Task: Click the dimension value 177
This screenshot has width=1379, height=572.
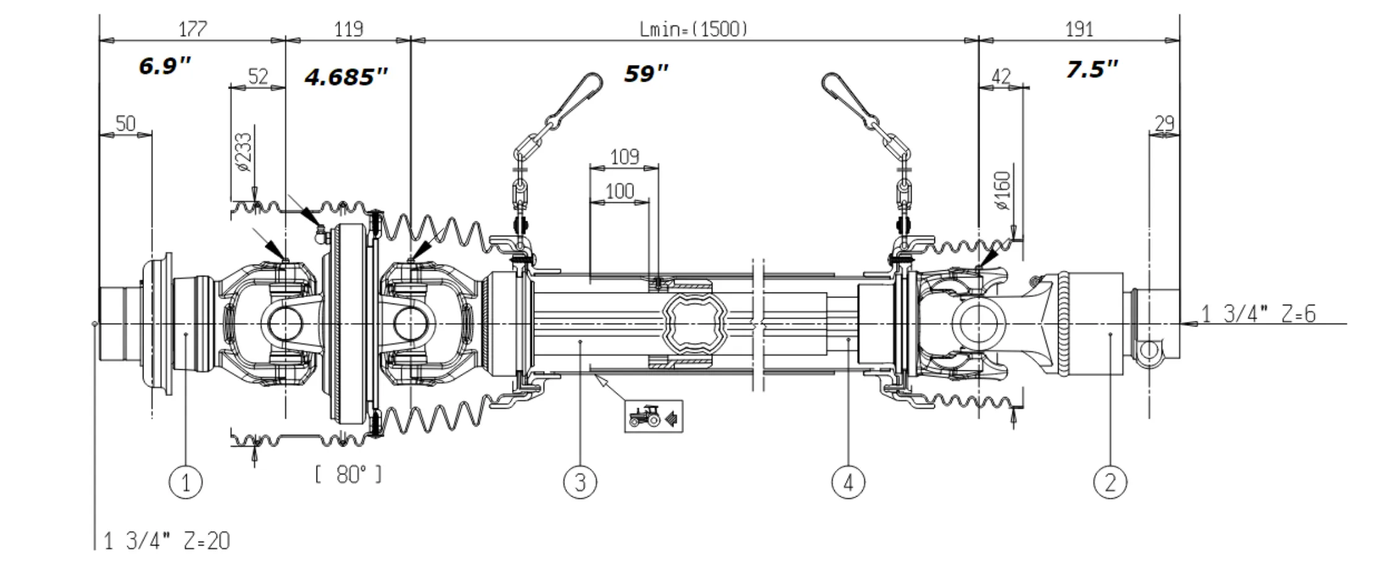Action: pos(192,29)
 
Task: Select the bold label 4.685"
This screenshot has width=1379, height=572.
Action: pos(346,77)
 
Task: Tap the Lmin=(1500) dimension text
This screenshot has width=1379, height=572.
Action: pos(693,29)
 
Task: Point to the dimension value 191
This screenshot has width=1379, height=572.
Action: pos(1079,29)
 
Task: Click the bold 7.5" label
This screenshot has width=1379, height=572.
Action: pos(1092,69)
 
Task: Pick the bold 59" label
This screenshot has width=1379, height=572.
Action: pos(646,74)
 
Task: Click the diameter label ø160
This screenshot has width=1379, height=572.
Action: pos(1004,190)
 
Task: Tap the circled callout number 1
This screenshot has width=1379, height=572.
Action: pos(186,481)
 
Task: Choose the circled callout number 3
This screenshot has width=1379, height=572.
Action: pos(580,481)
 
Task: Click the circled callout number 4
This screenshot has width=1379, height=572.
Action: pos(848,481)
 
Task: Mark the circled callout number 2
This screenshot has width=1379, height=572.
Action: pos(1110,481)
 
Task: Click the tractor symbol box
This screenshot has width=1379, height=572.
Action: pos(653,416)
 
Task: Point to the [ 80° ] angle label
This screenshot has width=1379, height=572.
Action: pos(348,474)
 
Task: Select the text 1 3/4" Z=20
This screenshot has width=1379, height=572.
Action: pos(166,541)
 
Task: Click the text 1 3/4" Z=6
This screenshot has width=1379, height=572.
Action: pos(1258,314)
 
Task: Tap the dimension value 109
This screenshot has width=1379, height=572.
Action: pos(624,156)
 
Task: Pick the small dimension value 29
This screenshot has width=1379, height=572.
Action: pos(1164,124)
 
